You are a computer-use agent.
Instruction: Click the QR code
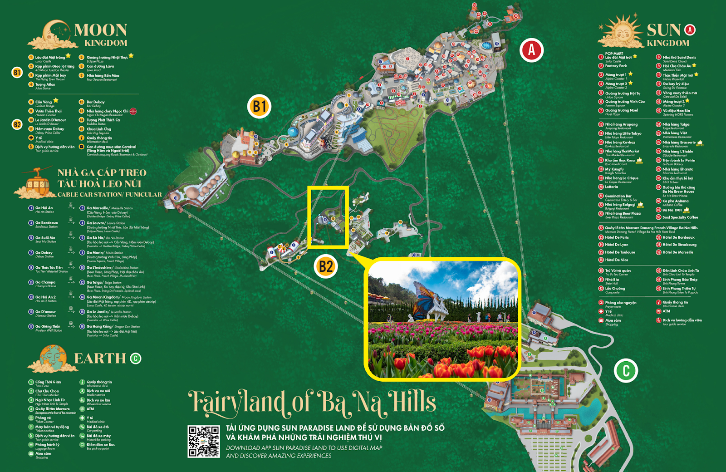click(x=204, y=441)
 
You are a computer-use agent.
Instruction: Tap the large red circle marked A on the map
click(x=531, y=50)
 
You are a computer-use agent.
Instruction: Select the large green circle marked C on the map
click(x=626, y=370)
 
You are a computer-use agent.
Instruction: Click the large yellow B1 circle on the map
click(x=259, y=107)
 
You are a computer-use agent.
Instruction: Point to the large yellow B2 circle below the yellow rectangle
click(x=326, y=266)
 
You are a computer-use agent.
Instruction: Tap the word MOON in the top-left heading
click(x=100, y=30)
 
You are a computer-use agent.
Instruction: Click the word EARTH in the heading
click(x=100, y=359)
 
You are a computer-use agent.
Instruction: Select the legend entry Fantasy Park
click(x=616, y=66)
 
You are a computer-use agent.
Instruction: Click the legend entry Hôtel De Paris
click(x=617, y=237)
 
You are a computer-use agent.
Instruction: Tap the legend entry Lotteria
click(x=611, y=187)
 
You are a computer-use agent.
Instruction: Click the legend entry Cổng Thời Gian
click(x=48, y=382)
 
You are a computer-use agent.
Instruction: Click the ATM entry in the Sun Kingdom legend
click(x=666, y=311)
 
